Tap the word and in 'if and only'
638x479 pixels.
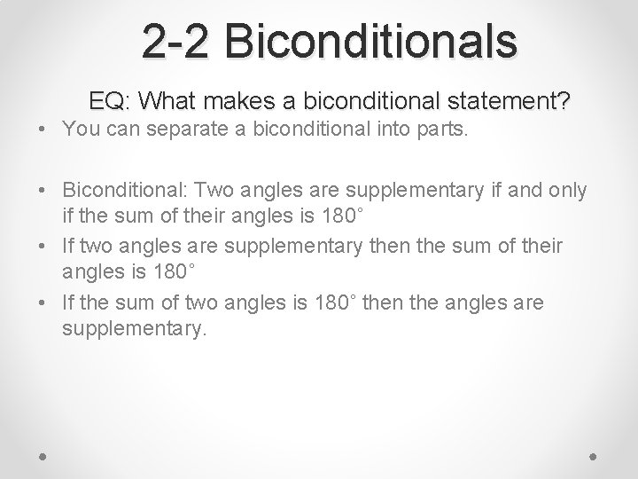click(521, 188)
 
